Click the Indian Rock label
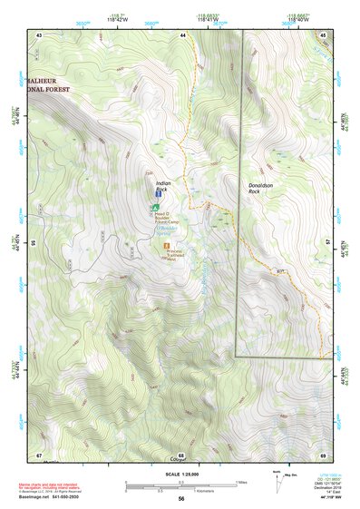pos(163,185)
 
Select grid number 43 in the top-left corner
pos(39,34)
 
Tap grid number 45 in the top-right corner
pos(324,34)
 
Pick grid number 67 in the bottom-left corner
pos(39,455)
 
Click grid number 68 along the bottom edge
pos(181,455)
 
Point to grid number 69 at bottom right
pos(323,455)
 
